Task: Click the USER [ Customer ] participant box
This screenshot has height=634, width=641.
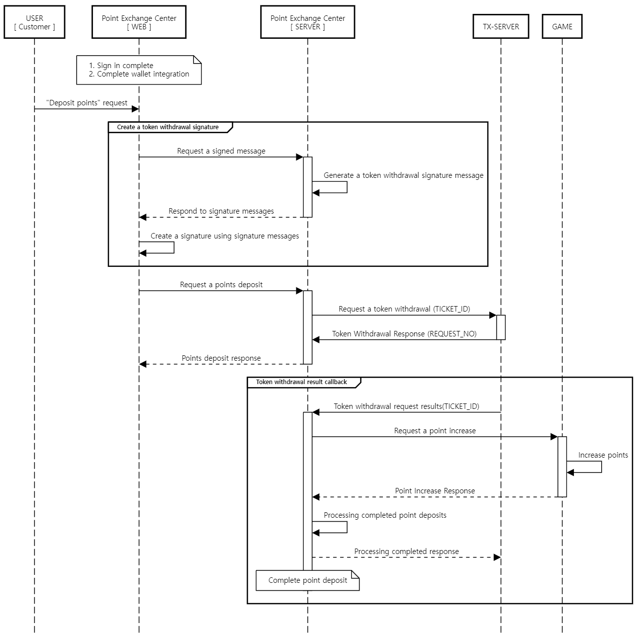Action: point(34,22)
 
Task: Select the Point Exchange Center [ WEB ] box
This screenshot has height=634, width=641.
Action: point(139,22)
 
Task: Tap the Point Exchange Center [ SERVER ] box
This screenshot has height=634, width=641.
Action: point(307,22)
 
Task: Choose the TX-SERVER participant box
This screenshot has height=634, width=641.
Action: point(501,27)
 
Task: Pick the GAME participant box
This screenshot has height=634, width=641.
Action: point(562,27)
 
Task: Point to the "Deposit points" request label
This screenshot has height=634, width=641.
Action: point(87,103)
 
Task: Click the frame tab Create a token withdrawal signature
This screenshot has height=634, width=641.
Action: point(168,127)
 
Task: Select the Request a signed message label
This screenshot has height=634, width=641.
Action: point(221,151)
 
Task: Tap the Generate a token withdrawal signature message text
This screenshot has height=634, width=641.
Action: point(403,175)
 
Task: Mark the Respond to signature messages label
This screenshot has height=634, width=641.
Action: point(221,211)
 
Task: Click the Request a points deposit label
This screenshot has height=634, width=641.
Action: point(221,285)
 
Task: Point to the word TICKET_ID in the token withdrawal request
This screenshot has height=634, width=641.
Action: point(452,309)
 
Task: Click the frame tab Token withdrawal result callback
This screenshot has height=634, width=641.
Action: point(301,382)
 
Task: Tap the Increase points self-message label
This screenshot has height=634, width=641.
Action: point(603,455)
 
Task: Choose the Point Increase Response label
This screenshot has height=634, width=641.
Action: point(435,491)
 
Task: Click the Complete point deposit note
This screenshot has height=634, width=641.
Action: point(307,580)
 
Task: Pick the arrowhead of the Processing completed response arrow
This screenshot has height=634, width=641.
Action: point(497,557)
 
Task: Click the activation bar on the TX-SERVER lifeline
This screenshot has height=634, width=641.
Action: point(501,327)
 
